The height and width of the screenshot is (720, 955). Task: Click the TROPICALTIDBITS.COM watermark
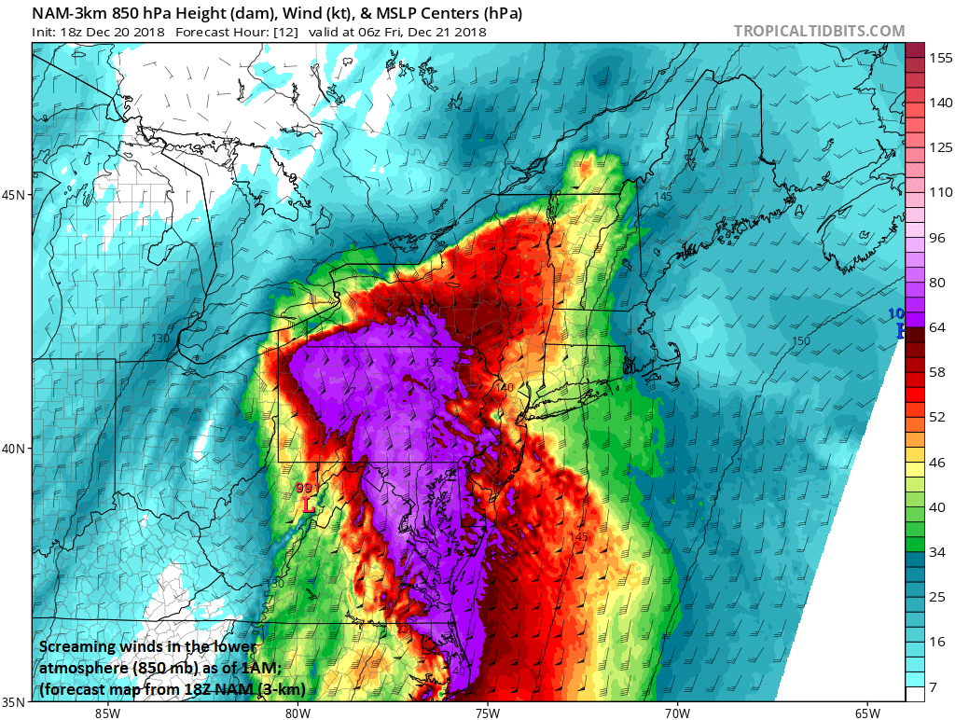pyautogui.click(x=819, y=31)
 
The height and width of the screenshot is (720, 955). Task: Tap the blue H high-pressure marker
pyautogui.click(x=901, y=330)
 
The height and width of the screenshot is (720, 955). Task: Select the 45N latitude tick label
pyautogui.click(x=15, y=195)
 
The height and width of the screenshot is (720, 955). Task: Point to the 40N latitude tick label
pyautogui.click(x=15, y=449)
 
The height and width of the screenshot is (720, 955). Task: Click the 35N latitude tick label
pyautogui.click(x=15, y=702)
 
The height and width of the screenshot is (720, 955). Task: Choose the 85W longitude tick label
pyautogui.click(x=107, y=713)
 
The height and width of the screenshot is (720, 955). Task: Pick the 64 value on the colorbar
pyautogui.click(x=935, y=326)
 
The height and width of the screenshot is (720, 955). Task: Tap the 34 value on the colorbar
pyautogui.click(x=935, y=551)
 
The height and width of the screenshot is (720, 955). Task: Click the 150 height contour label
pyautogui.click(x=800, y=341)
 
